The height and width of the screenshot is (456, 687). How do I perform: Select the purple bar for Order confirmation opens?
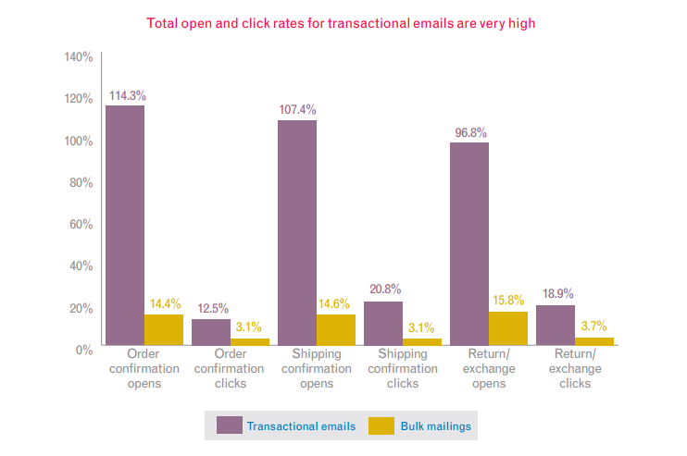(124, 226)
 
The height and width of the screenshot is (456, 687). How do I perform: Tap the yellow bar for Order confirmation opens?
(163, 329)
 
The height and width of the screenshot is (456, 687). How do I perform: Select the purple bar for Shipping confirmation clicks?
(382, 323)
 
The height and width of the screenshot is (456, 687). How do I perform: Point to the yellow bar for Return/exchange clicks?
(594, 341)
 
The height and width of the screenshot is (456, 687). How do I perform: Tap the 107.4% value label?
(298, 110)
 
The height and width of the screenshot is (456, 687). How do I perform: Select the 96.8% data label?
(470, 132)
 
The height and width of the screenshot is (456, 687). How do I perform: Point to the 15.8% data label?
(508, 300)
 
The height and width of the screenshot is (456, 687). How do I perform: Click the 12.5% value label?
(212, 308)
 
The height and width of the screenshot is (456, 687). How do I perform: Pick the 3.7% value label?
(594, 326)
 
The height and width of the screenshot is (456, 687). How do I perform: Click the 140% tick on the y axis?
(79, 57)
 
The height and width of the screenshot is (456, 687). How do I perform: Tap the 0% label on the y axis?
(84, 350)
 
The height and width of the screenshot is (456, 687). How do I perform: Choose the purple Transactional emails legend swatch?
(229, 425)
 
